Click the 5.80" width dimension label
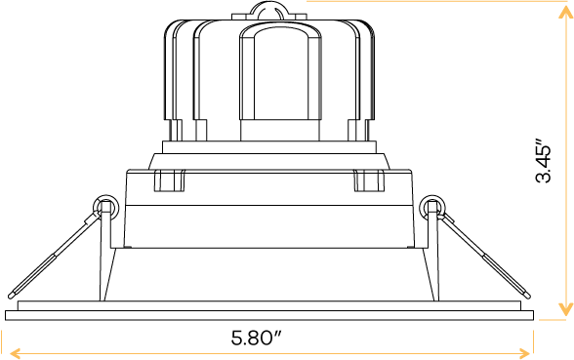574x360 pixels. pyautogui.click(x=257, y=339)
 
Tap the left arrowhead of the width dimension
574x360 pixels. pyautogui.click(x=10, y=352)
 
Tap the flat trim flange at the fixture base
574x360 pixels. pyautogui.click(x=270, y=314)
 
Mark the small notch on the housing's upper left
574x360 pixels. pyautogui.click(x=170, y=181)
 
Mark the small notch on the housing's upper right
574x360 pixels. pyautogui.click(x=367, y=181)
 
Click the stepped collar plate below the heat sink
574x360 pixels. pyautogui.click(x=267, y=157)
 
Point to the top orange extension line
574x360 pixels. pyautogui.click(x=439, y=2)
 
